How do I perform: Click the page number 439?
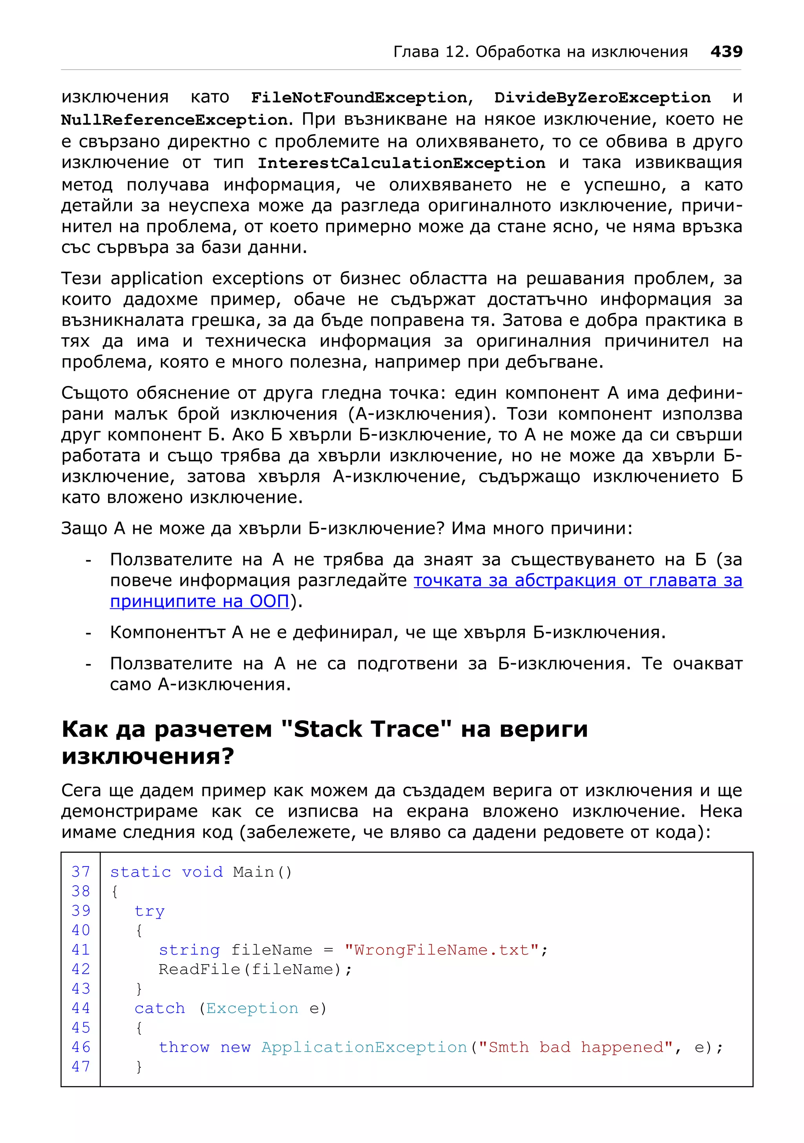[726, 51]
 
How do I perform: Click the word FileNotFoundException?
[359, 98]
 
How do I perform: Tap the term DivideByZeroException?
[602, 98]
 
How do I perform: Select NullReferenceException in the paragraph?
[174, 120]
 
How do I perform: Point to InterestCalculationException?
[401, 163]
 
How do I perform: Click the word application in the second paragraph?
[156, 278]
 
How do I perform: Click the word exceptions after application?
[258, 278]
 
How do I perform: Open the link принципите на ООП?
[200, 601]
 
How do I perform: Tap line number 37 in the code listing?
[81, 872]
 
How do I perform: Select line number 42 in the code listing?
[81, 969]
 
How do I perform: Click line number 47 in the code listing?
[81, 1067]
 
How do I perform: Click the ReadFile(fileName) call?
[254, 969]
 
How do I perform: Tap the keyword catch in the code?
[159, 1008]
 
